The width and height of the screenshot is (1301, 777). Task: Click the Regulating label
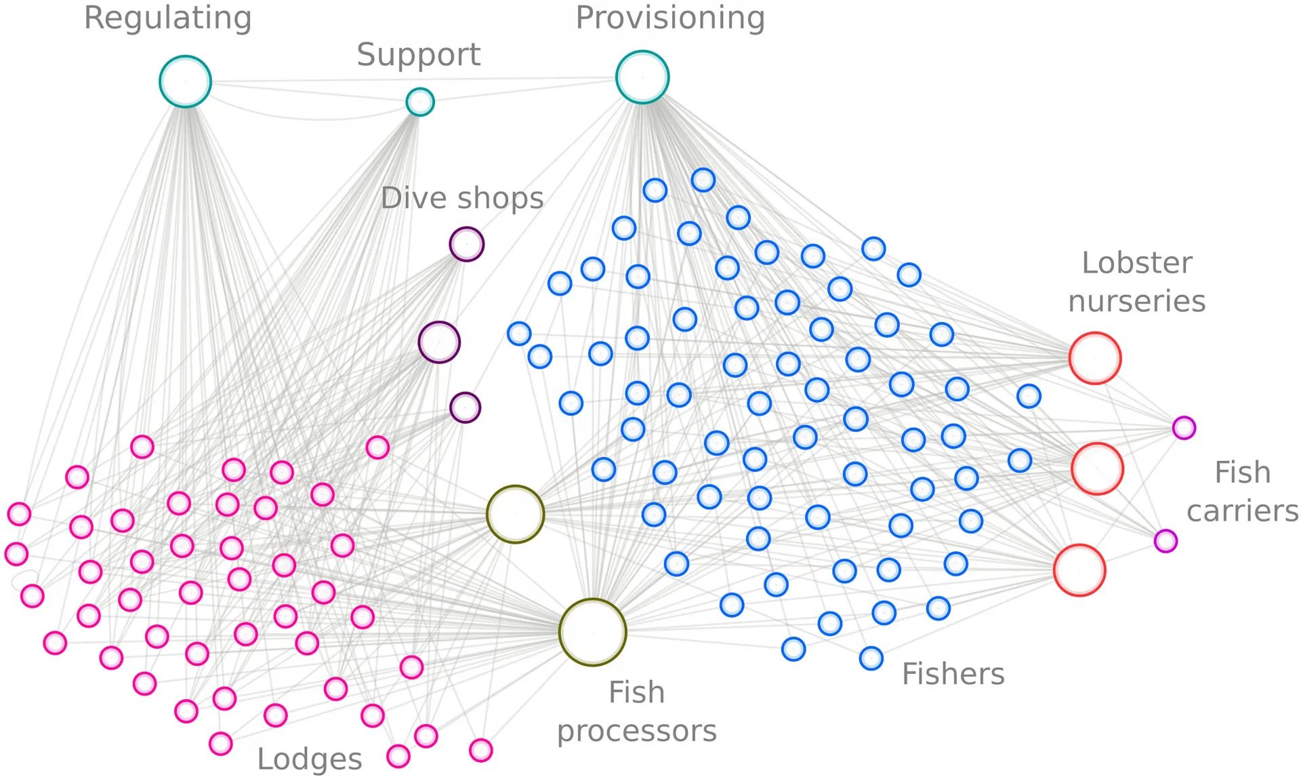coord(167,18)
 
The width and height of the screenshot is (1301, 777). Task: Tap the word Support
coord(419,55)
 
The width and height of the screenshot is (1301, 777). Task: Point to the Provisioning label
coord(670,18)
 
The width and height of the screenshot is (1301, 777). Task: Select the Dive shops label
coord(462,198)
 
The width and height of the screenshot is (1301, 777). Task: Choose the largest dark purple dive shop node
coord(439,342)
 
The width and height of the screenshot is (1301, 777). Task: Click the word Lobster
coord(1137,263)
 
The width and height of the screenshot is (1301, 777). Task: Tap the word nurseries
coord(1137,301)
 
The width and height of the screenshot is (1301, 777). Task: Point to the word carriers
coord(1242,511)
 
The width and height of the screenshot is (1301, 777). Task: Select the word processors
coord(636,731)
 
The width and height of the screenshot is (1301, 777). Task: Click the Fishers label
coord(953,674)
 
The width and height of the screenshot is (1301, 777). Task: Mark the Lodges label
coord(310,760)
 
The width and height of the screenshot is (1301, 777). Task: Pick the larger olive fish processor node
coord(593,632)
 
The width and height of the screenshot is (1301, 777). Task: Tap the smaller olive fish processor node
coord(515,514)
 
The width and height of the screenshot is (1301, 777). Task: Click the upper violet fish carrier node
coord(1184,428)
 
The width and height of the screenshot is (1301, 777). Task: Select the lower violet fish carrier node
coord(1165,541)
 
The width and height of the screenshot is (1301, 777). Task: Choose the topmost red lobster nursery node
coord(1095,358)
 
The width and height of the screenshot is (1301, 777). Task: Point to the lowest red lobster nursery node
coord(1079,570)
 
